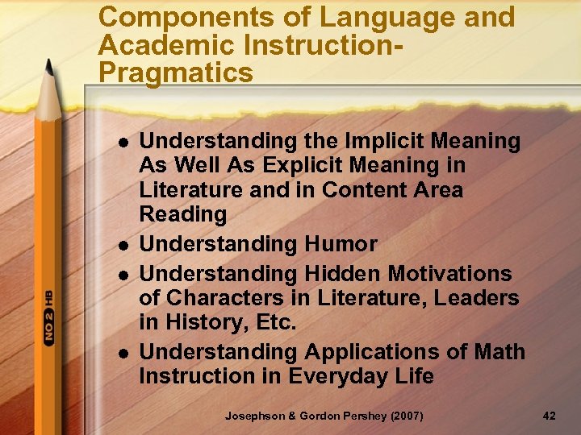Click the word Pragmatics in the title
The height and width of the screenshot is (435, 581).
click(175, 72)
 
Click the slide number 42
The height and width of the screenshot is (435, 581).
click(550, 415)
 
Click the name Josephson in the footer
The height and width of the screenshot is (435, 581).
click(256, 415)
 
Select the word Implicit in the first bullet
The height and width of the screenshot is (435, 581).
click(383, 142)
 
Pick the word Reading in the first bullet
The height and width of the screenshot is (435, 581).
click(183, 214)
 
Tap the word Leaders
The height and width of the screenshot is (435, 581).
click(476, 298)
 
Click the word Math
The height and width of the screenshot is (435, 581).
click(499, 352)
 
